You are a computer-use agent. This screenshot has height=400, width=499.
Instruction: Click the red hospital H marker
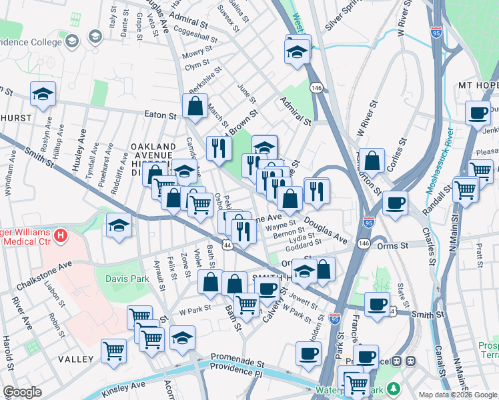pyautogui.click(x=61, y=235)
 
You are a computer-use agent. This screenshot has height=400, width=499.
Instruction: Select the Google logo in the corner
pyautogui.click(x=22, y=393)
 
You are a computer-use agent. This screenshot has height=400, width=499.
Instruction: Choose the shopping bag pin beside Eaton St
pyautogui.click(x=195, y=105)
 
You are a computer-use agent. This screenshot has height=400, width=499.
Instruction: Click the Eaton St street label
pyautogui.click(x=161, y=115)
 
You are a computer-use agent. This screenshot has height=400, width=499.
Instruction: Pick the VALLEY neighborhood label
pyautogui.click(x=75, y=359)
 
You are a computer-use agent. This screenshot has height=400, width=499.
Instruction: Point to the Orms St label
pyautogui.click(x=396, y=246)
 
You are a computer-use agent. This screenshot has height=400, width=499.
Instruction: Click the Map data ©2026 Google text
pyautogui.click(x=458, y=395)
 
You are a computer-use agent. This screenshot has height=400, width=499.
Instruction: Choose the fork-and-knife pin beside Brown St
pyautogui.click(x=218, y=149)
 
